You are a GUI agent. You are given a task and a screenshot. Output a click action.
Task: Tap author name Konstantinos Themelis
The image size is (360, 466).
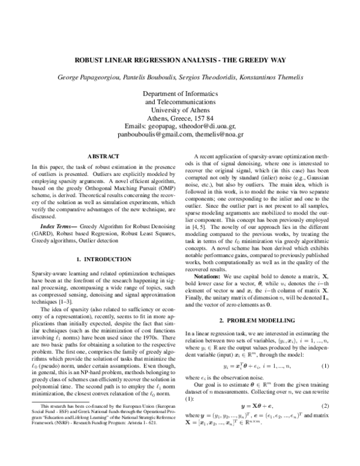coord(260,78)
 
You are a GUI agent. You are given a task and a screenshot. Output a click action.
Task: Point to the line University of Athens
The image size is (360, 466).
coord(180,110)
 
